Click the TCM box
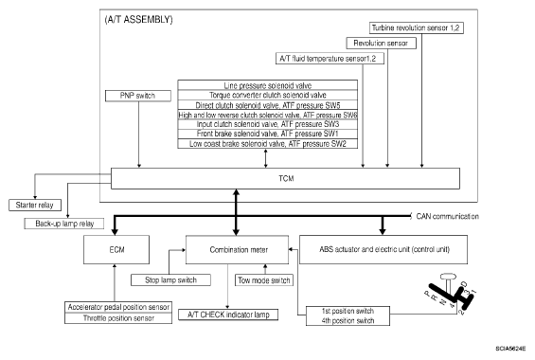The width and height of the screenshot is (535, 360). [x=285, y=178]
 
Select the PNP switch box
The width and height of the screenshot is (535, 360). [x=138, y=96]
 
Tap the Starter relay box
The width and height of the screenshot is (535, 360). [x=35, y=205]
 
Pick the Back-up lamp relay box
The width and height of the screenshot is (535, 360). [x=64, y=224]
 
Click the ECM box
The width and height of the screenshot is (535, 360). [x=116, y=249]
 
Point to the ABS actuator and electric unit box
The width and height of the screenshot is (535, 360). [x=383, y=249]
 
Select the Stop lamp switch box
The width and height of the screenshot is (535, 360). [x=170, y=280]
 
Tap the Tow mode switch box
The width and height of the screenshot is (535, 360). [x=264, y=280]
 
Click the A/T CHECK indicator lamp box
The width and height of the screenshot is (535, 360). [x=228, y=315]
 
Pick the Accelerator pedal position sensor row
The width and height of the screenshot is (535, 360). [x=118, y=307]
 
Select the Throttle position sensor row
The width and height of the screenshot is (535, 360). [x=118, y=318]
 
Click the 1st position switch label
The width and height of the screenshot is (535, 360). [x=348, y=311]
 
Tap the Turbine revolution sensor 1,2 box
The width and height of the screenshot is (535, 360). [x=417, y=28]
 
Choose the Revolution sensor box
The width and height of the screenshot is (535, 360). [x=381, y=43]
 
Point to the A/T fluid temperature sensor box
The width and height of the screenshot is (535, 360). [x=330, y=59]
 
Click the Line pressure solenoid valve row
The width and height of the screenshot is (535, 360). [x=267, y=85]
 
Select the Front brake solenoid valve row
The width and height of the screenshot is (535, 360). [x=267, y=134]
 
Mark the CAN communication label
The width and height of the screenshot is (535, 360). [x=447, y=216]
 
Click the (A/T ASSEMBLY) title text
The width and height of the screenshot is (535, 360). [x=138, y=20]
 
